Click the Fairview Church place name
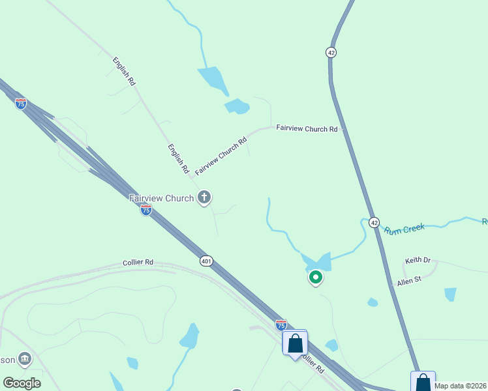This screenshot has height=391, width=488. coord(162,198)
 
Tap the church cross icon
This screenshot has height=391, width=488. coord(204,196)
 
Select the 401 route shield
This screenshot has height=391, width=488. coord(206,261)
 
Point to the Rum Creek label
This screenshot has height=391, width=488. coord(404,229)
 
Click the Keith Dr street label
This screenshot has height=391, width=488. coord(418,261)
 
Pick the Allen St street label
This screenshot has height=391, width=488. coord(410,282)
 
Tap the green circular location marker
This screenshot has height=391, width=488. coord(316,278)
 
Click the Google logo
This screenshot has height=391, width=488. coord(22,383)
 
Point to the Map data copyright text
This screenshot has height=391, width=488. coord(461,386)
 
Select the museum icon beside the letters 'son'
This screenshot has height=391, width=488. coord(25,358)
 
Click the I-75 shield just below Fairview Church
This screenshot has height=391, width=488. coord(146,210)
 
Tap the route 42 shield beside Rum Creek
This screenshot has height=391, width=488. coord(374,222)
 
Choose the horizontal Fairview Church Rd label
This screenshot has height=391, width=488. coord(307,129)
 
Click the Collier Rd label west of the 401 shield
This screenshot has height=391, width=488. coord(138,263)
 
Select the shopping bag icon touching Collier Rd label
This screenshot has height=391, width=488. coord(295,343)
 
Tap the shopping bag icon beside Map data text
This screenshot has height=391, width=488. coord(423,381)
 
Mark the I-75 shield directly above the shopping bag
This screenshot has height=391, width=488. coord(281,325)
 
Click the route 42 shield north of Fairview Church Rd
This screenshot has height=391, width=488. coord(331,52)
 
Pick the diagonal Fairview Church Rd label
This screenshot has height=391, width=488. coord(221,156)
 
